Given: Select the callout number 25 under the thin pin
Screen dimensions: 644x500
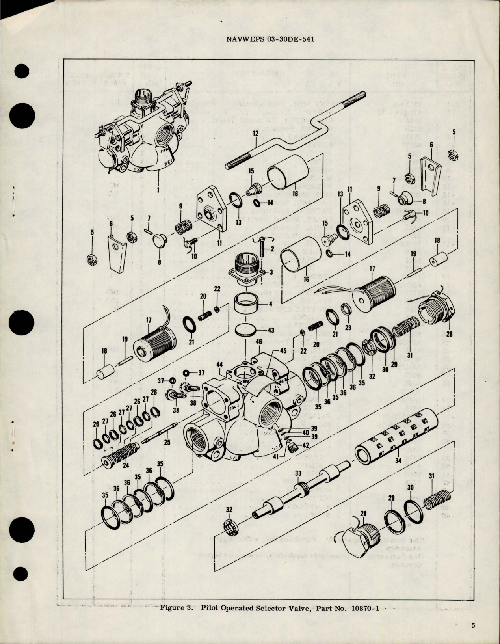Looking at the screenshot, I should tap(167, 443).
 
